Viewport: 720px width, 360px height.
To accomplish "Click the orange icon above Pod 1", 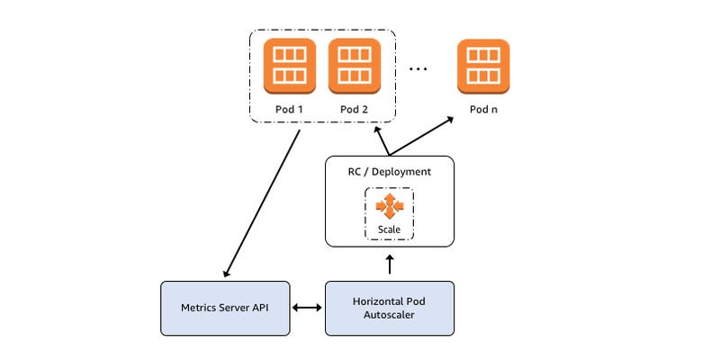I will click(290, 66).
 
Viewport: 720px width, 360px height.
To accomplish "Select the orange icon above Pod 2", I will click(354, 66).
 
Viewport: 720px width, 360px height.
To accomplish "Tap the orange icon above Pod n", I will click(482, 66).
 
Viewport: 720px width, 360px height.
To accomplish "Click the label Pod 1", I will click(290, 110).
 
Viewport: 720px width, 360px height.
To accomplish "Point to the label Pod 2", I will click(354, 110).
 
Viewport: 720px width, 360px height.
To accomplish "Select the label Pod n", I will click(483, 110).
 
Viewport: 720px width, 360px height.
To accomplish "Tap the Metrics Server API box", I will click(224, 309).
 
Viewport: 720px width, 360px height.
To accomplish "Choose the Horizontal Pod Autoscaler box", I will click(390, 309).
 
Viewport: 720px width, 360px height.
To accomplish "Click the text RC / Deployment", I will click(390, 171).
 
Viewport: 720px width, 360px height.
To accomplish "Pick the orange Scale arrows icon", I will click(390, 206).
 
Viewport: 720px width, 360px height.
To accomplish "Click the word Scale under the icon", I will click(390, 229).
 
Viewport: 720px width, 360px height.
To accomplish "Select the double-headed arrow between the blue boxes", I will click(307, 309).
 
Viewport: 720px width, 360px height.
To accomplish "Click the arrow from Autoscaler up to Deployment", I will click(390, 264).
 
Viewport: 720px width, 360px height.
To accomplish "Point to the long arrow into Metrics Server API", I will click(261, 203).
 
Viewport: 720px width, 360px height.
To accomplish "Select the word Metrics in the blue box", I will click(201, 309).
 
